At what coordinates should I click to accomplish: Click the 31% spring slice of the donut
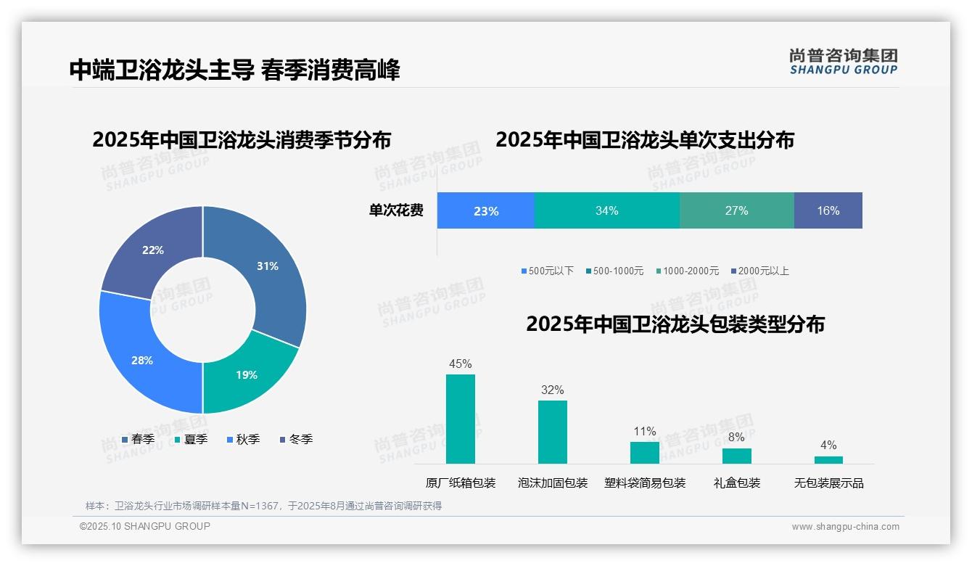point(268,266)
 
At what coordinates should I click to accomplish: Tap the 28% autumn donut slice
point(141,360)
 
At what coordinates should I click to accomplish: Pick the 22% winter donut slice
point(153,250)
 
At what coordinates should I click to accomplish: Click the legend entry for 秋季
point(243,439)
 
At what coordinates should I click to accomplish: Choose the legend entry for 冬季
point(296,439)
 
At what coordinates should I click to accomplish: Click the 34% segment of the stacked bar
point(606,210)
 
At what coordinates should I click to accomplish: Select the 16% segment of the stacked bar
point(828,210)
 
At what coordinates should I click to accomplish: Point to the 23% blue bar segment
point(485,210)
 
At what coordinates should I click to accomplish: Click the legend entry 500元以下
point(547,271)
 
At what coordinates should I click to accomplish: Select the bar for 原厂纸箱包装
point(460,419)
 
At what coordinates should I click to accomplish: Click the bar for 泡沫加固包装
point(552,432)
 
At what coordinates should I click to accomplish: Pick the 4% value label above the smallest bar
point(828,445)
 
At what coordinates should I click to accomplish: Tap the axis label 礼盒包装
point(736,483)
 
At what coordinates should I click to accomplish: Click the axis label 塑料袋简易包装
point(644,483)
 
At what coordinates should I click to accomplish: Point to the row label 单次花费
point(396,210)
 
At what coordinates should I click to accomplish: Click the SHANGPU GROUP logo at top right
point(843,61)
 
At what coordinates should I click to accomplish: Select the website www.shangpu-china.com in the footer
point(845,527)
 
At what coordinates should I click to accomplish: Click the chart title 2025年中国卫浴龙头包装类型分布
point(675,324)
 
